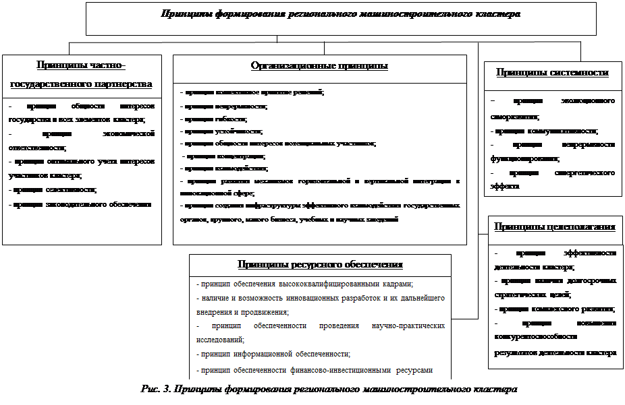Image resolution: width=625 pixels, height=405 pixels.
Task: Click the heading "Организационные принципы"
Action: (319, 66)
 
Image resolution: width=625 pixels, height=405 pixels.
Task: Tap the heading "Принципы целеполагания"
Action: (554, 227)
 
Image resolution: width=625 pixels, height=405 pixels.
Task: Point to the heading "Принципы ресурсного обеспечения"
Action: (320, 264)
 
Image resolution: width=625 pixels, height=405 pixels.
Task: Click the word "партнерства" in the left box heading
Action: (121, 84)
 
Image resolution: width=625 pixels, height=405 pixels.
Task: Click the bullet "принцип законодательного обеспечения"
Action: (80, 204)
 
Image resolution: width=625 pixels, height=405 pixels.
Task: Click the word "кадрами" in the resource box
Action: (396, 284)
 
